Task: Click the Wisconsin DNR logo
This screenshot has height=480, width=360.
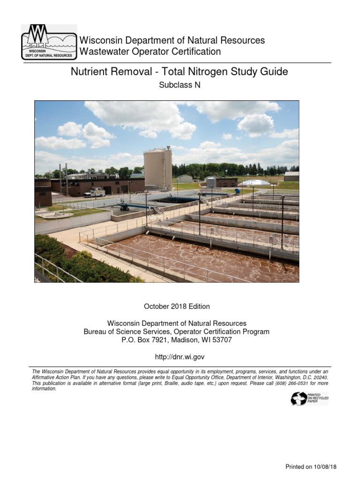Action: (49, 42)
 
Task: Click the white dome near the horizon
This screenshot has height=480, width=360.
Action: (255, 182)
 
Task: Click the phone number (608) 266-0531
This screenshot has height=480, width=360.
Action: (299, 383)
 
